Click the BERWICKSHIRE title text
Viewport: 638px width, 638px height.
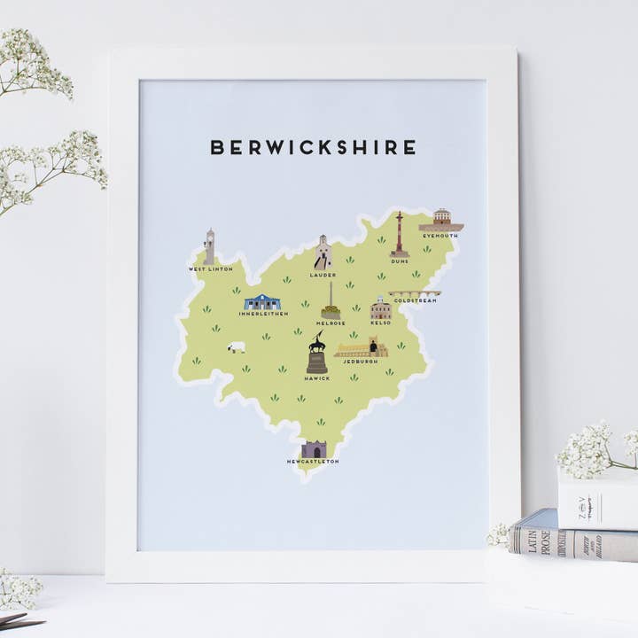tap(313, 147)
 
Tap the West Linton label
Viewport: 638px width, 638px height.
tap(210, 268)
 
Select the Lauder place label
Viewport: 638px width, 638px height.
tap(323, 275)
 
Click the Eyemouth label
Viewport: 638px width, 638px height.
tap(440, 237)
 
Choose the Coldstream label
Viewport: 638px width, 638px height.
tap(415, 300)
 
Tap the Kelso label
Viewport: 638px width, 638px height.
tap(380, 323)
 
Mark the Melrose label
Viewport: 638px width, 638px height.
tap(330, 323)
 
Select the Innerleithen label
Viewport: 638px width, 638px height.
tap(262, 314)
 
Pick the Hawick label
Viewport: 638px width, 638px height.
tap(316, 378)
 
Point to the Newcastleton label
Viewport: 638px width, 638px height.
tap(313, 462)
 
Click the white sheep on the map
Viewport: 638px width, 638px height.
tap(237, 347)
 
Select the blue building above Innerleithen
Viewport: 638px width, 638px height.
tap(262, 302)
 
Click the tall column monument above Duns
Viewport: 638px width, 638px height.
tap(400, 235)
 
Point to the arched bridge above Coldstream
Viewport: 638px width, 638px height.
tap(414, 293)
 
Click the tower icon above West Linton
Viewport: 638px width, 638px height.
tap(209, 247)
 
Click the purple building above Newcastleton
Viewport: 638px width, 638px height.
tap(314, 449)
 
